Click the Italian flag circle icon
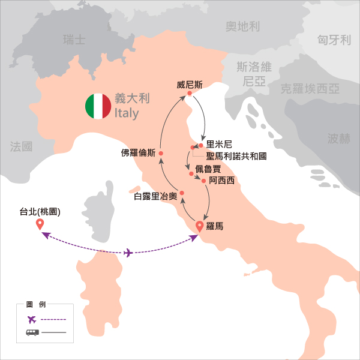[x=98, y=106]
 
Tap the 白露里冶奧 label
[x=155, y=196]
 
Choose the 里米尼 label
[x=218, y=145]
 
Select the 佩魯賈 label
[x=208, y=169]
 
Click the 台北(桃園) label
[x=41, y=211]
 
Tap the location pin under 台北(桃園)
[x=40, y=225]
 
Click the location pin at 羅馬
[x=200, y=227]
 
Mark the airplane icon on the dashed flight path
[x=127, y=253]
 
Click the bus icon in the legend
[x=32, y=332]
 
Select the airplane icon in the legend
[x=32, y=319]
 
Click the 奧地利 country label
[x=242, y=26]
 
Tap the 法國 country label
[x=22, y=146]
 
